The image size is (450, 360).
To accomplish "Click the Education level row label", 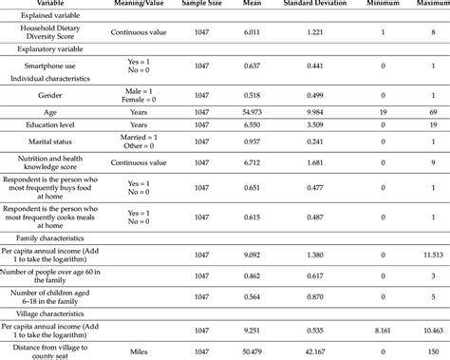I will (45, 124).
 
